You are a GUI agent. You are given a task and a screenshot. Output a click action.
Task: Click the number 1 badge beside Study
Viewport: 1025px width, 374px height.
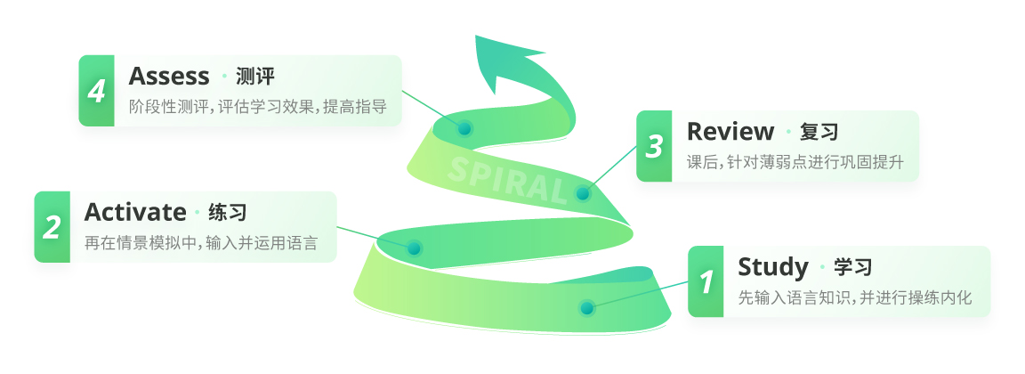click(706, 281)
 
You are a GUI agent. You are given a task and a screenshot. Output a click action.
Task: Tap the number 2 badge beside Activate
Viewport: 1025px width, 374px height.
click(52, 227)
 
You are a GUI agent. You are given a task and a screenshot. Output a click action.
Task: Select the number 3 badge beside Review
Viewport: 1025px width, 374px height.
click(654, 146)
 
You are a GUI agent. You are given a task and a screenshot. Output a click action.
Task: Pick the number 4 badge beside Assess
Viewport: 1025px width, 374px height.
click(97, 91)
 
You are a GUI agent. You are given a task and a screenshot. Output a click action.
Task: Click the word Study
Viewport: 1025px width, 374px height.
click(773, 268)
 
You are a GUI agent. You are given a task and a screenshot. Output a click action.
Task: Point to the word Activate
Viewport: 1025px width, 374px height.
click(135, 213)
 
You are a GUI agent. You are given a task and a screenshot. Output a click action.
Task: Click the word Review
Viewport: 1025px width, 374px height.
click(730, 132)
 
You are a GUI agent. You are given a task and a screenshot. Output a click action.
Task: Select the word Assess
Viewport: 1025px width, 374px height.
click(169, 77)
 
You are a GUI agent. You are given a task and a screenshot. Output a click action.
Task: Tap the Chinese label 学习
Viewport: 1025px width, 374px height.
click(853, 267)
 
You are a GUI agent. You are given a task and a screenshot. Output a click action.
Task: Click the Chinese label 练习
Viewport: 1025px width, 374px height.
click(228, 213)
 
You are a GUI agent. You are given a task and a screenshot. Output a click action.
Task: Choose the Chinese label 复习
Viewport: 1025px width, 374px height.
click(819, 132)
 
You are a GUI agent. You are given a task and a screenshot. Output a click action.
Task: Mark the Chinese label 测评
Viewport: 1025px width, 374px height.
click(255, 77)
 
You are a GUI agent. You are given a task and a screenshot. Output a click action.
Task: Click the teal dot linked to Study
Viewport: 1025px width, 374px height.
click(586, 308)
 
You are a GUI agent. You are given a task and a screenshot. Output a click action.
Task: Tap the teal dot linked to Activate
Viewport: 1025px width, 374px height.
click(414, 248)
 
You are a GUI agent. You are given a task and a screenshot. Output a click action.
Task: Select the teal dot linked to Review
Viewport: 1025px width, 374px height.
click(583, 193)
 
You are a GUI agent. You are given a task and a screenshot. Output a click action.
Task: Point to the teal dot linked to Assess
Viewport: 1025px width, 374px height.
click(464, 128)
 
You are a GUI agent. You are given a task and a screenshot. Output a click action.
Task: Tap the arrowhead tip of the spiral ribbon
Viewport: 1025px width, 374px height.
click(476, 36)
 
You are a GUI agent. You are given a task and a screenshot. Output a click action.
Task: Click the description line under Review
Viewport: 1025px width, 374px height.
click(795, 162)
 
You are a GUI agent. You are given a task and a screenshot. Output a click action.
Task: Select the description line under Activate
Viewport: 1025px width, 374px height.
click(201, 243)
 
